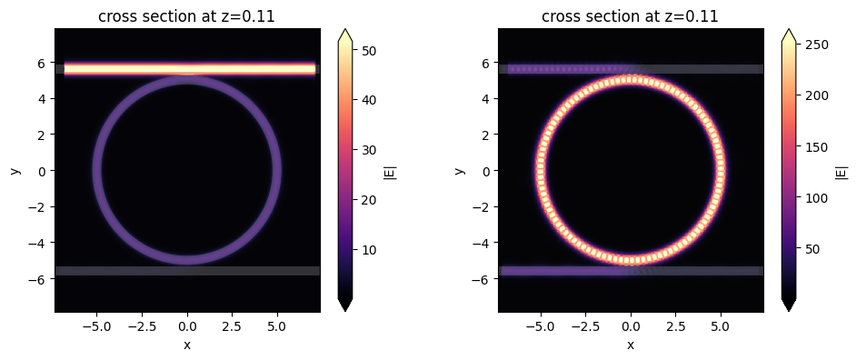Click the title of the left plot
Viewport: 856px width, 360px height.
(186, 15)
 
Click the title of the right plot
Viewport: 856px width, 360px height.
(630, 15)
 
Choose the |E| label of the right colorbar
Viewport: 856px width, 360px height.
(841, 169)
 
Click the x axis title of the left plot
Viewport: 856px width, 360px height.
(186, 345)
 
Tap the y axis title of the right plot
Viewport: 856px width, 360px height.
(460, 170)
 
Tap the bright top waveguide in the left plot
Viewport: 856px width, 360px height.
(186, 68)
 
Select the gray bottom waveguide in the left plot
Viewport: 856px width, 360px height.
(186, 270)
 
